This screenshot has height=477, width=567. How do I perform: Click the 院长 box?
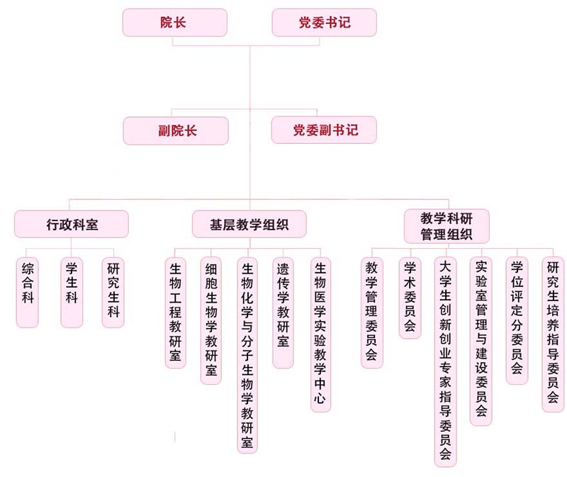point(174,23)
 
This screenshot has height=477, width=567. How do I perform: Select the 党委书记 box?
point(324,23)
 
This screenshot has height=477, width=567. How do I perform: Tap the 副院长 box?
point(176,131)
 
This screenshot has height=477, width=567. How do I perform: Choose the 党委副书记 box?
point(324,131)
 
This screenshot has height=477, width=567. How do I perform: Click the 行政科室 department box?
point(72,225)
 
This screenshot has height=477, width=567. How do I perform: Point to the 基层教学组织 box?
point(249,225)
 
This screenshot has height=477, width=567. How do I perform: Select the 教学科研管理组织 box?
point(447,225)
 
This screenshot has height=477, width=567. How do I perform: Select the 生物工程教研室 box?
point(176,312)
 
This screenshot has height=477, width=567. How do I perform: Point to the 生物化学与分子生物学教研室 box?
point(247,354)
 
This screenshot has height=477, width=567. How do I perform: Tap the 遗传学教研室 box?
point(283,312)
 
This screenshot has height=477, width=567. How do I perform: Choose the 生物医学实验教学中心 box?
point(320,334)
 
